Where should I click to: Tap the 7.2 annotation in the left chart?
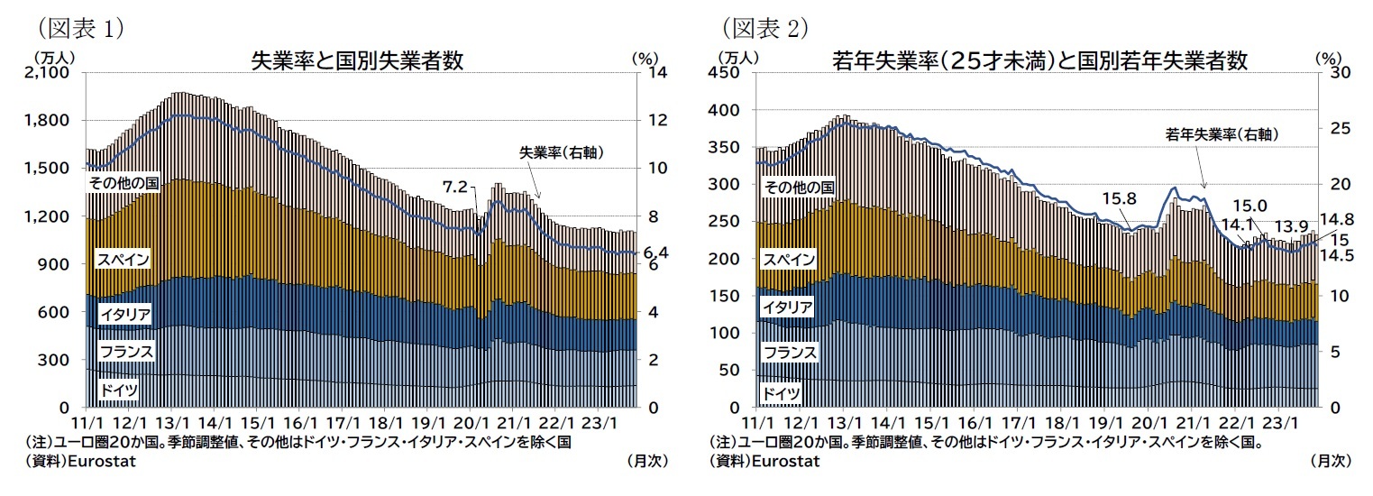455,187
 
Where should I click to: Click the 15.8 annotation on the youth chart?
1117,197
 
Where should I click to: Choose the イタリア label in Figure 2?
788,308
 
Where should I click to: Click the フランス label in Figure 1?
126,351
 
